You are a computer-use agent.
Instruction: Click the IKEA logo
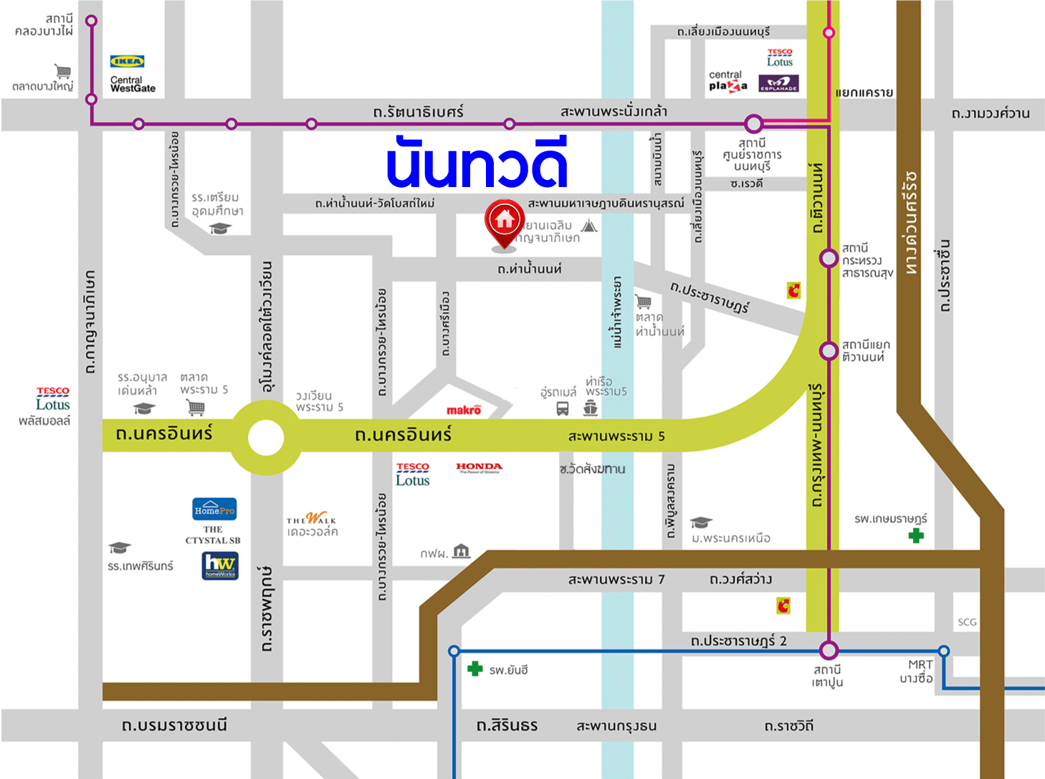tap(127, 62)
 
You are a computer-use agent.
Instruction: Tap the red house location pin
tap(505, 221)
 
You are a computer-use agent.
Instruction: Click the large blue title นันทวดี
tap(477, 163)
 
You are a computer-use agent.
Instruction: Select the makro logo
tap(464, 410)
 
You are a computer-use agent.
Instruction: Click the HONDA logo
tap(479, 467)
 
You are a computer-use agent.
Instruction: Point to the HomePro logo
tap(214, 510)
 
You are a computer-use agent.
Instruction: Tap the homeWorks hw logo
tap(220, 565)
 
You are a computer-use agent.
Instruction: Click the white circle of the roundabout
tap(266, 437)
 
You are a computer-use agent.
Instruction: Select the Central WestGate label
tap(133, 85)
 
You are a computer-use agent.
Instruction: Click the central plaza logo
tap(727, 81)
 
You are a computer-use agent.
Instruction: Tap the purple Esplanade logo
tap(778, 84)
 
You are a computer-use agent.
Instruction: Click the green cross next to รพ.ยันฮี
tap(474, 669)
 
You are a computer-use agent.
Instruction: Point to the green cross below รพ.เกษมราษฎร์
tap(916, 535)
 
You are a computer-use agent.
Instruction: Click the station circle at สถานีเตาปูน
tap(829, 651)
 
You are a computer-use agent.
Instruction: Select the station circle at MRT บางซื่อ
tap(944, 651)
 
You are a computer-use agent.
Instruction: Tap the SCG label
tap(967, 622)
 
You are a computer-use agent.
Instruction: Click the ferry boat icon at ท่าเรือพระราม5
tap(591, 408)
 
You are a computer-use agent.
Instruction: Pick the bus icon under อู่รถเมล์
tap(563, 408)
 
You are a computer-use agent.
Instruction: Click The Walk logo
tap(312, 519)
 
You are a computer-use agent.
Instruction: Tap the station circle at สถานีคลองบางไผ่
tap(91, 21)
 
